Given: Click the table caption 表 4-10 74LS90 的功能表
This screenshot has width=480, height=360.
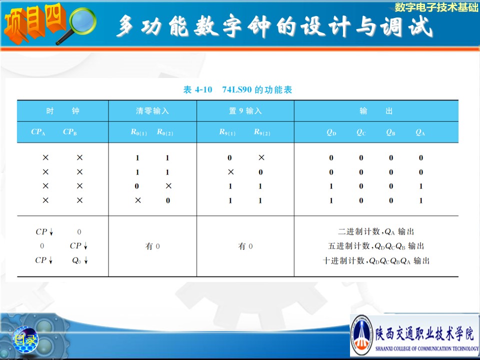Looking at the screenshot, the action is pos(237,89).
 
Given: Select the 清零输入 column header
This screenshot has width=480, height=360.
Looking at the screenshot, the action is pos(152,111).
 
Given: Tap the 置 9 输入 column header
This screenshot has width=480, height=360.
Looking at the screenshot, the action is pos(245,111).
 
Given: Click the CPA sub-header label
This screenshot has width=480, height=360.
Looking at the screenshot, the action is pos(38,132).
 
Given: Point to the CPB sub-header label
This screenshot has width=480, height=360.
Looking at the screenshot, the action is pos(70,132).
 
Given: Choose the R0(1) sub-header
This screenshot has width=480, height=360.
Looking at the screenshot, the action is pos(138,132).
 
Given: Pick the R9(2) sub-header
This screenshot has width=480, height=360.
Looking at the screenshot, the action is pos(262,132).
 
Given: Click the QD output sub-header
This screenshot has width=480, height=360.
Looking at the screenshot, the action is pos(331,132).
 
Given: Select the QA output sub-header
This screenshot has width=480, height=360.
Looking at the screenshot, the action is pos(420,132).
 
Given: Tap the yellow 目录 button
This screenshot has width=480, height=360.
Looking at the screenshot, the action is pos(25,340).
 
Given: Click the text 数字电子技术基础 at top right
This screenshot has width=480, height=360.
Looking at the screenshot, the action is pos(436,6).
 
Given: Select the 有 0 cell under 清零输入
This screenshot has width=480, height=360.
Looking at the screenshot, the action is pos(152,246).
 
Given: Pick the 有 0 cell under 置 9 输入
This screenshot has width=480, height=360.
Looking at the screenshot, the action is pos(245,246).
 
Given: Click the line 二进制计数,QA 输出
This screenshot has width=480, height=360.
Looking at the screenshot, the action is pos(376,231).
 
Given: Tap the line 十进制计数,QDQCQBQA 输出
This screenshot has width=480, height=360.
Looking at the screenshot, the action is pos(376,261).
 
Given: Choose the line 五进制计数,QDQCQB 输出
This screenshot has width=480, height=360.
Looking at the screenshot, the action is pos(376,246).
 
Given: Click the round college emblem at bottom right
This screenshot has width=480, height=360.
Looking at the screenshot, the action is pos(361,335).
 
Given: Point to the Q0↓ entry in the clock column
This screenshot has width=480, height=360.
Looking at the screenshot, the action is pos(80,260).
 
